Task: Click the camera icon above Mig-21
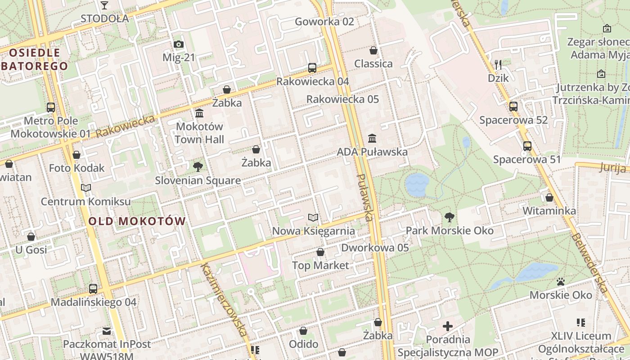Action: click(179, 44)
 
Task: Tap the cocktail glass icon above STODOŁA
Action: click(104, 5)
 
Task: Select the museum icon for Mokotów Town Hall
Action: click(199, 112)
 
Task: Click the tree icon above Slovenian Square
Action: click(198, 167)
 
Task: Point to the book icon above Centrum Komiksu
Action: click(86, 188)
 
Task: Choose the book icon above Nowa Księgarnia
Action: click(313, 218)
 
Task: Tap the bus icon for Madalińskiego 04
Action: click(93, 288)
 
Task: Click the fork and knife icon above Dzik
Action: click(498, 64)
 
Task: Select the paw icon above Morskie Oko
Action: click(561, 282)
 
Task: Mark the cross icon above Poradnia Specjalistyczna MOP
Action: click(448, 326)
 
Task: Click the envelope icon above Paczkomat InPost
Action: click(106, 331)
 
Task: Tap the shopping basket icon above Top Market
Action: click(320, 252)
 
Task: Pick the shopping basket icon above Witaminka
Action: click(549, 198)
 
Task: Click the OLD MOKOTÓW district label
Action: click(137, 221)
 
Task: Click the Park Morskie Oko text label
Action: click(450, 231)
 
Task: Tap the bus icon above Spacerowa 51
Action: click(527, 146)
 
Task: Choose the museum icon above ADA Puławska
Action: click(372, 138)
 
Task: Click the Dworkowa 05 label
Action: click(375, 247)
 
